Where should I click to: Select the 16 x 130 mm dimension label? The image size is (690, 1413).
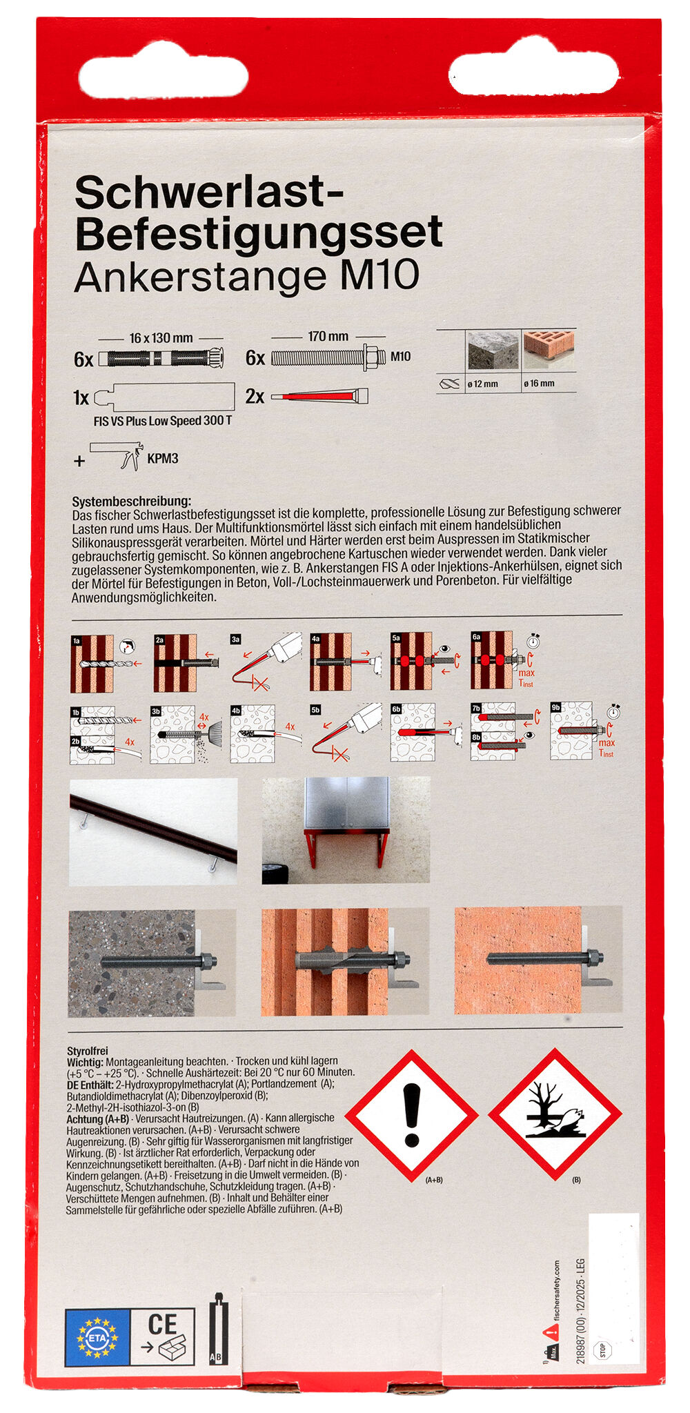point(161,338)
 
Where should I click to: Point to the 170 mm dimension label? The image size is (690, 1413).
point(328,337)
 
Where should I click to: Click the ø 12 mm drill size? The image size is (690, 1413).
point(482,384)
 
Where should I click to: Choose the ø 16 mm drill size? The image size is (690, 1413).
point(539,384)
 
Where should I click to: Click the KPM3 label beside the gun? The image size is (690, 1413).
point(163,459)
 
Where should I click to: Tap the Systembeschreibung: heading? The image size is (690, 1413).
point(131,501)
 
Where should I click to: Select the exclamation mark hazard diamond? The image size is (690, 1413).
point(412,1114)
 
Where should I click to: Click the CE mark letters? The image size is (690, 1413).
point(163,1324)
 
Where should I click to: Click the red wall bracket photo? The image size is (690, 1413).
point(346,830)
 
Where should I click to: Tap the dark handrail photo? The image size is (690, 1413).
point(152,831)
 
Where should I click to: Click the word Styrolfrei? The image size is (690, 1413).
point(88,1051)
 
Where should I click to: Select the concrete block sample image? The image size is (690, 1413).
point(493,350)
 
